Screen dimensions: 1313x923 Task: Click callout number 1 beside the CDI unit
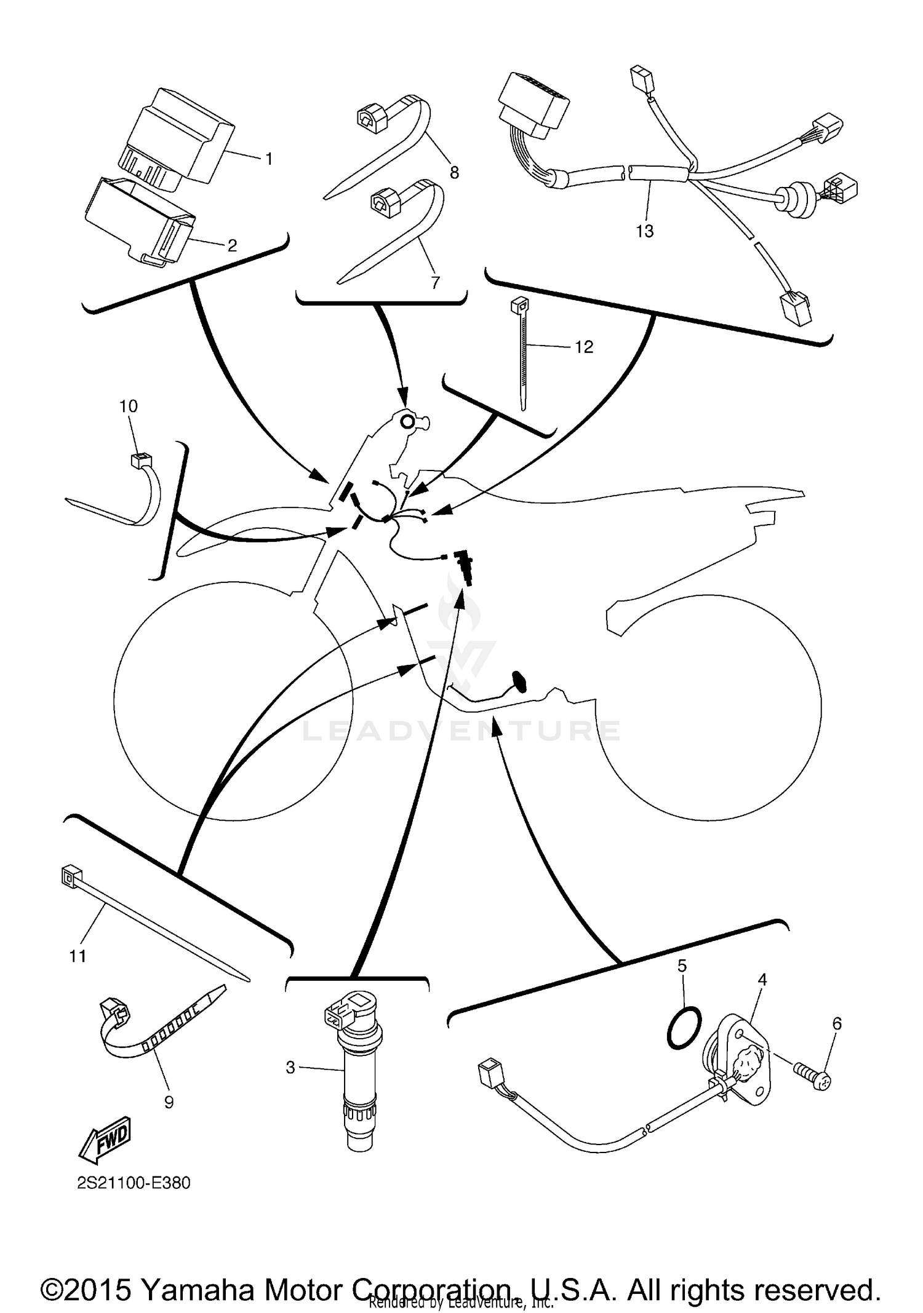(x=268, y=159)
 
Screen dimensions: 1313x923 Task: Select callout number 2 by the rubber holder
(x=232, y=246)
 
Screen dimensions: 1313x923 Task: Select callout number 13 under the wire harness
(x=644, y=231)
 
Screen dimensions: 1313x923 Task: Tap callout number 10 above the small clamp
(x=129, y=406)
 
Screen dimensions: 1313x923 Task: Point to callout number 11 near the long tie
(x=78, y=956)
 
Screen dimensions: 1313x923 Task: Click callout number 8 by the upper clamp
(x=454, y=173)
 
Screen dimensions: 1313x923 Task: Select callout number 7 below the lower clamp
(x=435, y=282)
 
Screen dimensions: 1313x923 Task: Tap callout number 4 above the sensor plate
(x=762, y=980)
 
